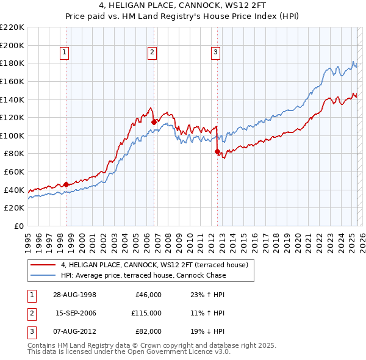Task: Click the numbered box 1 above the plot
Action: (65, 52)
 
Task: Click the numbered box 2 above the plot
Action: (152, 52)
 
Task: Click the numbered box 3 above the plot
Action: (216, 52)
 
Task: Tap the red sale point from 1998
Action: (66, 184)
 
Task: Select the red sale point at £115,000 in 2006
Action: (154, 122)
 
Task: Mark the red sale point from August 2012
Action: (217, 152)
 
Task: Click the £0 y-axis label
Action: (18, 226)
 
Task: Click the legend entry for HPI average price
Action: (143, 275)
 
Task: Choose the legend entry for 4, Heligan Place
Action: (154, 265)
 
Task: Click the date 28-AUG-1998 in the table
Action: (75, 295)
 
